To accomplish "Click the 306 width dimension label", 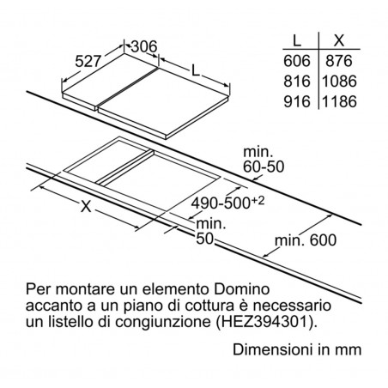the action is coord(144,46).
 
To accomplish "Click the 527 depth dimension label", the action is coord(88,61).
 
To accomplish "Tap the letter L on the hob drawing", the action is coord(195,70).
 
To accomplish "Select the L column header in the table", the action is coord(297,40).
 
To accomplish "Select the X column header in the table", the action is coord(339,40).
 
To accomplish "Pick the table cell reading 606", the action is coord(297,61).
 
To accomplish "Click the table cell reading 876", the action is coord(339,61).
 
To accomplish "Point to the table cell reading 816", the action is coord(297,82).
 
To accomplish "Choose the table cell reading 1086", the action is coord(339,82).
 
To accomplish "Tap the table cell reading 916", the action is coord(297,101).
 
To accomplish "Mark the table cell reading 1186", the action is coord(339,101).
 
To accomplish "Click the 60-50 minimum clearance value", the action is coord(264,167).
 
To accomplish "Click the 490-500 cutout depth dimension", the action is coord(221,203).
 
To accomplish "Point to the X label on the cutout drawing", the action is coord(86,206).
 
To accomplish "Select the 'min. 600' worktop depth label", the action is coord(306,240).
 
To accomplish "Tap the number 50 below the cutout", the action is coord(205,239).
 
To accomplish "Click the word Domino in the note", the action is coord(242,289).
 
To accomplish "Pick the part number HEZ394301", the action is coord(264,322).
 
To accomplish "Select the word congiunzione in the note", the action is coord(162,323).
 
